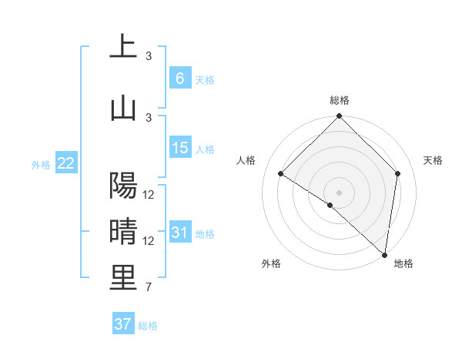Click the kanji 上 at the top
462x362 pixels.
(123, 47)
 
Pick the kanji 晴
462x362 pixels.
(123, 232)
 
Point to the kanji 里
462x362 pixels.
(123, 277)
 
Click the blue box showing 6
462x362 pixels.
(179, 79)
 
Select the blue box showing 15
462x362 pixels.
(179, 148)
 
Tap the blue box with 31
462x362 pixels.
(179, 233)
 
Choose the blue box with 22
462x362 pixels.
(65, 163)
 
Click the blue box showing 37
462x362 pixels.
(122, 324)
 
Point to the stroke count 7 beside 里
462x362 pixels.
(149, 288)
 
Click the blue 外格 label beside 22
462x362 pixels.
(41, 164)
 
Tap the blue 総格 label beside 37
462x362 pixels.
(148, 326)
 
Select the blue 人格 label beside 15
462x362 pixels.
(205, 149)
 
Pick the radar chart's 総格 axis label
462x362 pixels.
(340, 100)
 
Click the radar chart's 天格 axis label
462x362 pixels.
(434, 160)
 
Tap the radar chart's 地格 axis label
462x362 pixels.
(403, 263)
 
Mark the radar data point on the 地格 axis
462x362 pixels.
(384, 255)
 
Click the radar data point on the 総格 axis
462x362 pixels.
(340, 116)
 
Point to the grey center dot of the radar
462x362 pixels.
(340, 192)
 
